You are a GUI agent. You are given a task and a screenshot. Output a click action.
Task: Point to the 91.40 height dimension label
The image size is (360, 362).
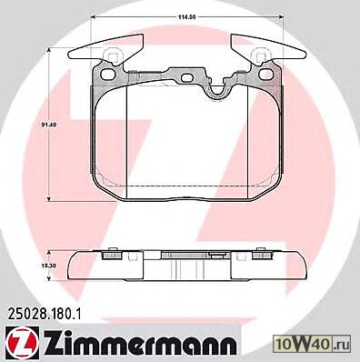46,125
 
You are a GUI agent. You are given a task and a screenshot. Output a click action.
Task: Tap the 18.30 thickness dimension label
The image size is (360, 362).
46,265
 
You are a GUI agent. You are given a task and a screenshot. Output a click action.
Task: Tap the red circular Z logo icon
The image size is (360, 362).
22,344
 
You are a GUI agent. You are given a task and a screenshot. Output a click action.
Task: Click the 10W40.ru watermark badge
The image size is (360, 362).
312,345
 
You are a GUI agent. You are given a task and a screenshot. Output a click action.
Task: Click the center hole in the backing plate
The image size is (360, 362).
188,78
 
